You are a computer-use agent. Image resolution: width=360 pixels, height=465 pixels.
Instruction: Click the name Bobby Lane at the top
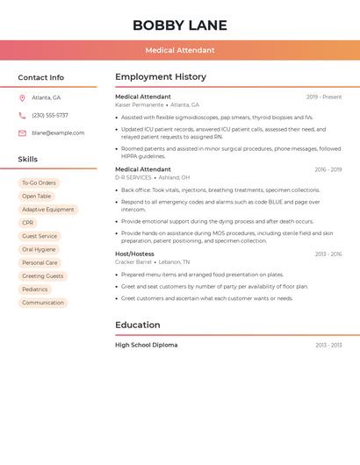179,25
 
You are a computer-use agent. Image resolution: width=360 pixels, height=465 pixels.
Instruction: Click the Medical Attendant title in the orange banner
179,50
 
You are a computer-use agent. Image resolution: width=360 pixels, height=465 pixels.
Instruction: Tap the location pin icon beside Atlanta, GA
22,97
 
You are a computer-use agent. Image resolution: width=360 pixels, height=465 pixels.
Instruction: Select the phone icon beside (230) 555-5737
22,115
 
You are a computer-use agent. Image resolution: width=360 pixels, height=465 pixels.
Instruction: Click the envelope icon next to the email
22,133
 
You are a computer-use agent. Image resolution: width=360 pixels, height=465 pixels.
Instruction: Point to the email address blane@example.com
58,133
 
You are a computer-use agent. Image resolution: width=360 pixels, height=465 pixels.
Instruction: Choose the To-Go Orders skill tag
39,183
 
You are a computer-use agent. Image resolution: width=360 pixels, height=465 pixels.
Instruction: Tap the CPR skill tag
28,223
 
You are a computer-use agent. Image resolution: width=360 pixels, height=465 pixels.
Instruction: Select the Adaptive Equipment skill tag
48,210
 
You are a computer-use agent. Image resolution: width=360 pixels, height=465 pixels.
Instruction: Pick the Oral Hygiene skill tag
39,249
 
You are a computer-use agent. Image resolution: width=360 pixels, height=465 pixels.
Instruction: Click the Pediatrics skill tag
35,290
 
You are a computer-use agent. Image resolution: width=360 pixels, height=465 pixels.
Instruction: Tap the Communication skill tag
43,303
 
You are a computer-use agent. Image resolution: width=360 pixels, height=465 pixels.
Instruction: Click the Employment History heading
161,77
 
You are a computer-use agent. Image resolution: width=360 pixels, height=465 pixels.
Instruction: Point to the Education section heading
137,325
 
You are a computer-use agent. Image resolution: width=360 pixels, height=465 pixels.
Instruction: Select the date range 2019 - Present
323,97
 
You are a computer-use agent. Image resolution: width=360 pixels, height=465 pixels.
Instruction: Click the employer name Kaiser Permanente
139,105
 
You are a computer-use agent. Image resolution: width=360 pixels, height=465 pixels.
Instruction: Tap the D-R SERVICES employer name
133,177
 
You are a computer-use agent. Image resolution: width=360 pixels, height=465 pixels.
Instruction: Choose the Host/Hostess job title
134,254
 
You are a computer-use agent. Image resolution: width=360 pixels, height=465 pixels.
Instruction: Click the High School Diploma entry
146,345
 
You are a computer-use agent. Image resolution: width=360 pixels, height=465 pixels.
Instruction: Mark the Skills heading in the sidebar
28,160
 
